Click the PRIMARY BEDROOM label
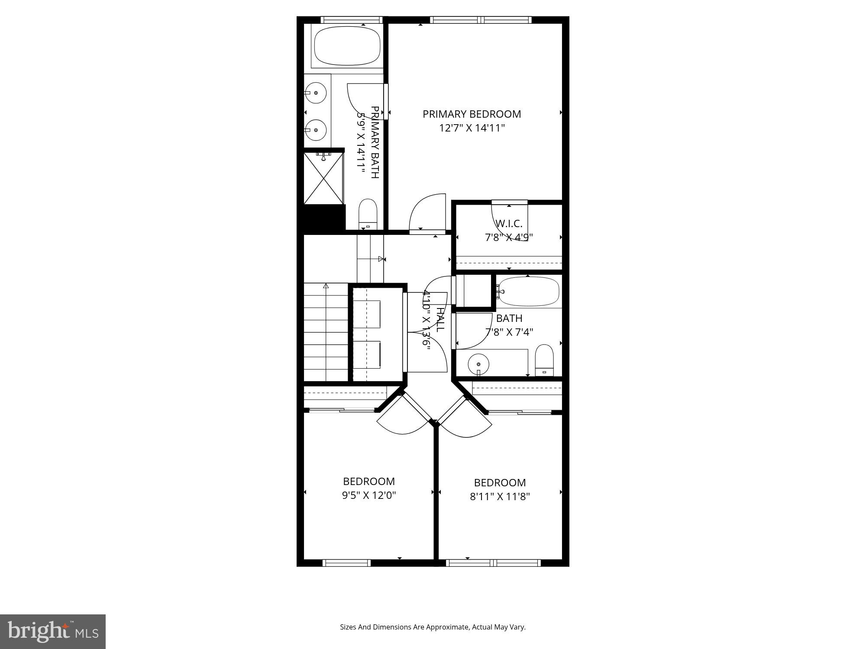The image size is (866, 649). pyautogui.click(x=472, y=114)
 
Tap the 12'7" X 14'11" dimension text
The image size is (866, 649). pyautogui.click(x=472, y=128)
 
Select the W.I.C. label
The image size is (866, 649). pyautogui.click(x=509, y=224)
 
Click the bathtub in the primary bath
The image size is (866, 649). pyautogui.click(x=347, y=46)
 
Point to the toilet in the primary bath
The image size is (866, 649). pyautogui.click(x=368, y=214)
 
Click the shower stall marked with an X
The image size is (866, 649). pyautogui.click(x=323, y=178)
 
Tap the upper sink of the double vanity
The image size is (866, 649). pyautogui.click(x=316, y=93)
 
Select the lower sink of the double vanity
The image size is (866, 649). pyautogui.click(x=316, y=130)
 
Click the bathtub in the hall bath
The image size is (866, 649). pyautogui.click(x=528, y=291)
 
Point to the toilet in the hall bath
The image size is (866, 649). pyautogui.click(x=544, y=360)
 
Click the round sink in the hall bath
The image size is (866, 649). pyautogui.click(x=478, y=364)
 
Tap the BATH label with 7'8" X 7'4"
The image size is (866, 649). pyautogui.click(x=509, y=318)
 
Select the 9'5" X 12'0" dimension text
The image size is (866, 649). pyautogui.click(x=369, y=495)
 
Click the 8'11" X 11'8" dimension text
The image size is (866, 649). pyautogui.click(x=500, y=496)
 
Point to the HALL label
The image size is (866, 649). pyautogui.click(x=440, y=320)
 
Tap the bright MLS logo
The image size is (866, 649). pyautogui.click(x=53, y=632)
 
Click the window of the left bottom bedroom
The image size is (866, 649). pyautogui.click(x=346, y=563)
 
